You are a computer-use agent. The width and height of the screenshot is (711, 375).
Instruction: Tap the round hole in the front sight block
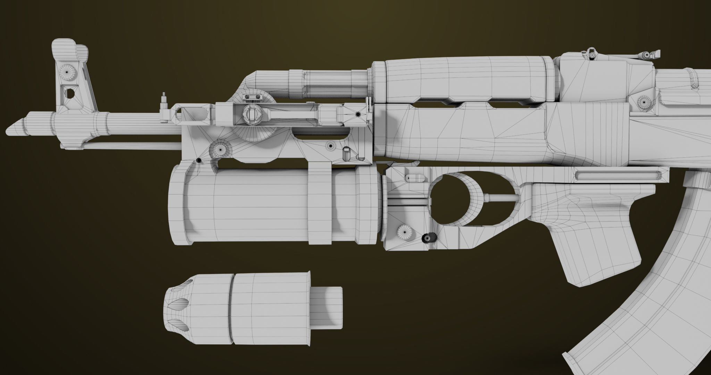point(69,93)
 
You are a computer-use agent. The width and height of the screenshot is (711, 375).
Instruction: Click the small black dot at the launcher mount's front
point(198,160)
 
